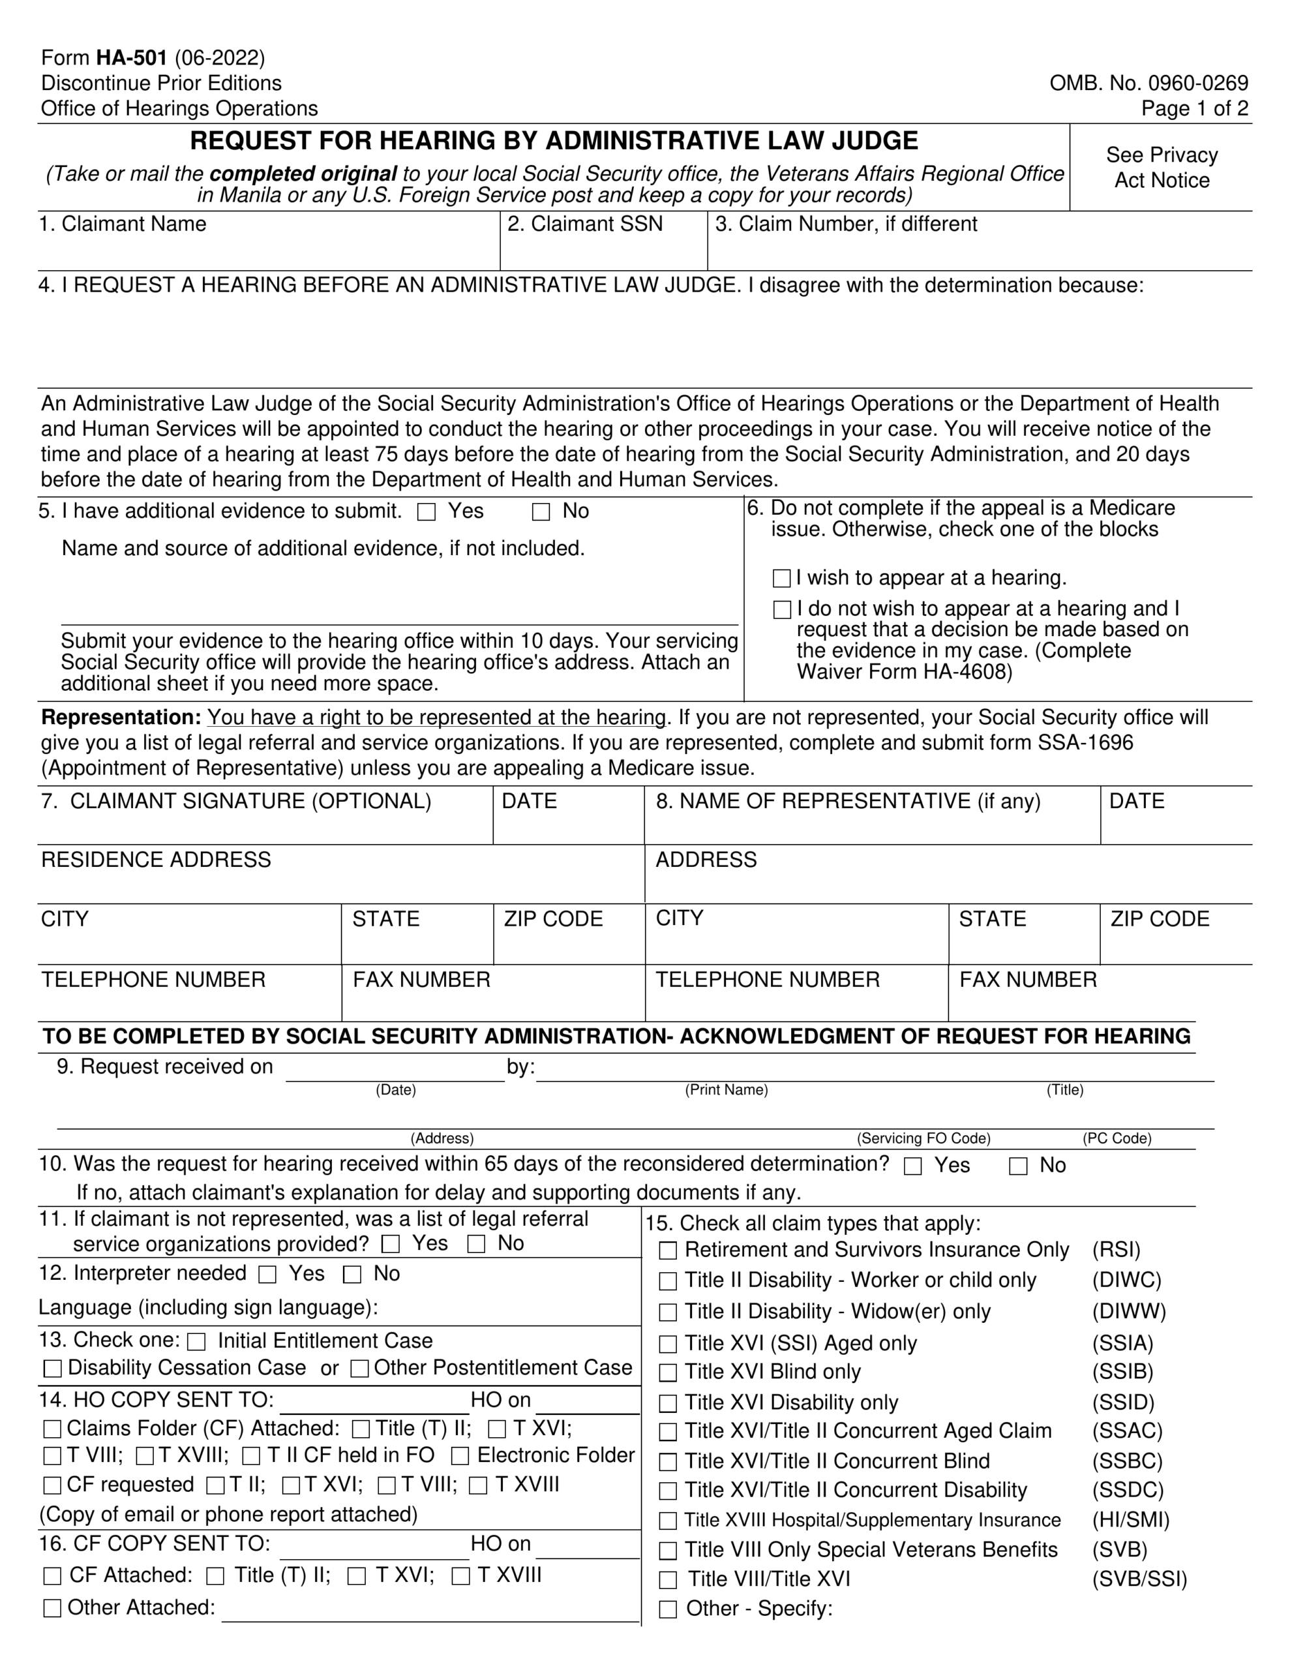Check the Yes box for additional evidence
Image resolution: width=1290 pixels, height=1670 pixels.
[x=427, y=512]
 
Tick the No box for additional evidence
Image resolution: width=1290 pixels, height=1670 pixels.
[x=541, y=512]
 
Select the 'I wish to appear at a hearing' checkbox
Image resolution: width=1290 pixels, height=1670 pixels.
[x=781, y=578]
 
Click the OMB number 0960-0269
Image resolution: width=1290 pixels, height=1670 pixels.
[x=1148, y=83]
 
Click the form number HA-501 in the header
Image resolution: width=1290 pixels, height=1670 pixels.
[x=132, y=58]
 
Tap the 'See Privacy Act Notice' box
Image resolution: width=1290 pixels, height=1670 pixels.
[x=1161, y=168]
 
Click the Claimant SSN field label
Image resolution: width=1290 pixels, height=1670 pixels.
[x=585, y=224]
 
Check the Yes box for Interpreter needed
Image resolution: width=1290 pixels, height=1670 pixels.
[x=267, y=1275]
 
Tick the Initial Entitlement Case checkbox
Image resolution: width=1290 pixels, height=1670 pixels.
[x=196, y=1342]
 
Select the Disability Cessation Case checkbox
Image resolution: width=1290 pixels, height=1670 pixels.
[x=53, y=1369]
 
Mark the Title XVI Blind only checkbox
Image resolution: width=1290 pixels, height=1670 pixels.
[x=668, y=1373]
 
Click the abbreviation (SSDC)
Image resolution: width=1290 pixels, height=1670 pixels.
[x=1127, y=1491]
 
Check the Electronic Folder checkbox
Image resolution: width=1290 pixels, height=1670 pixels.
[x=460, y=1456]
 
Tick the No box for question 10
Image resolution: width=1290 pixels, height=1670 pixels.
[x=1018, y=1166]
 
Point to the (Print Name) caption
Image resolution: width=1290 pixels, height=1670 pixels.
[x=726, y=1089]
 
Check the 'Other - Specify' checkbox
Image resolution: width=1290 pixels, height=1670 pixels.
[x=668, y=1609]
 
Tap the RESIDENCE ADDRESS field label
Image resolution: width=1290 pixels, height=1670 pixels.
[x=156, y=860]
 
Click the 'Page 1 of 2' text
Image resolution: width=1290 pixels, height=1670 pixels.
[x=1194, y=108]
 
